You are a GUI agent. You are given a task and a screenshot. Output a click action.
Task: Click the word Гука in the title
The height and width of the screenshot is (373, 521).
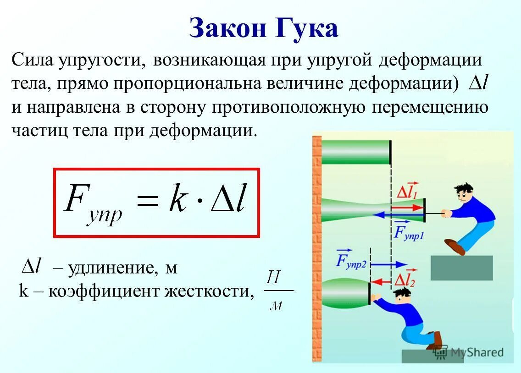tap(308, 28)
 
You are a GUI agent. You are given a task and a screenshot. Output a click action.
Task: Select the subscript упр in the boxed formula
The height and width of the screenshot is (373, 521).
tap(105, 214)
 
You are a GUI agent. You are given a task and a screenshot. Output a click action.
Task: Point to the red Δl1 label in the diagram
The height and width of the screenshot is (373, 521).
tap(406, 192)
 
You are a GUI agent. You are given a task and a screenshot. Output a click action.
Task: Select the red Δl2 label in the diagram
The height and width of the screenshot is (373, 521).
tap(405, 278)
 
